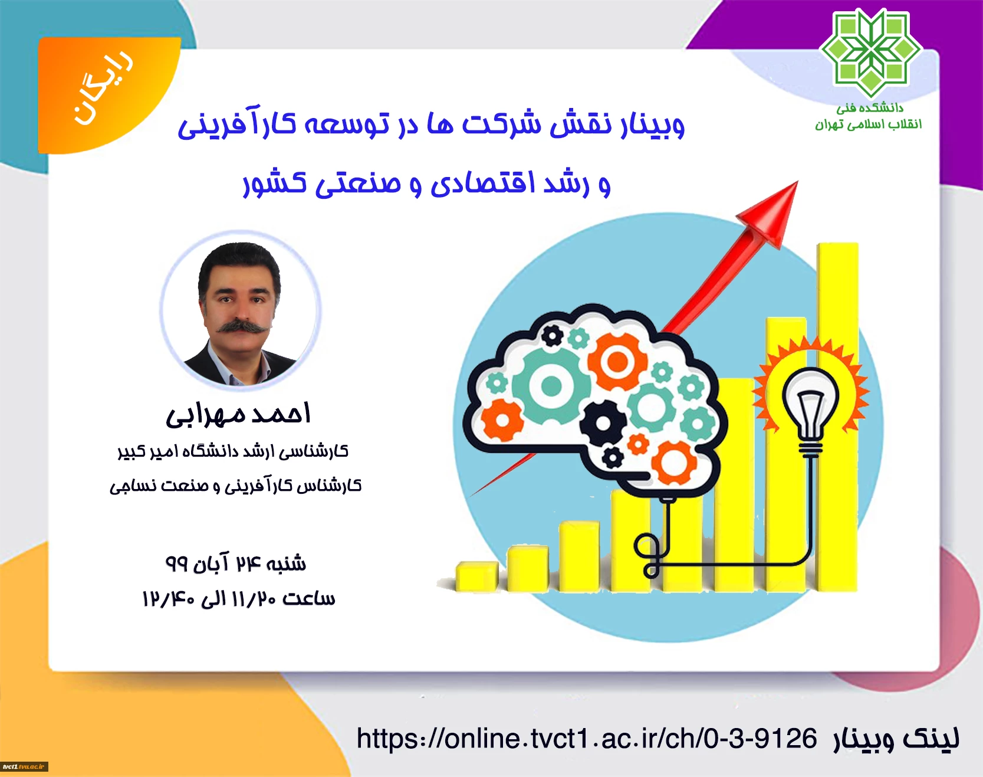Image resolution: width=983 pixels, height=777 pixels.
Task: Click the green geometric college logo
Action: pyautogui.click(x=870, y=53)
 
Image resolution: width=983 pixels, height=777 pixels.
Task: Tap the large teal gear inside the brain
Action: pyautogui.click(x=551, y=386)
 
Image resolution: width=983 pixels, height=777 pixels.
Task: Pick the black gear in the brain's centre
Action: pyautogui.click(x=603, y=423)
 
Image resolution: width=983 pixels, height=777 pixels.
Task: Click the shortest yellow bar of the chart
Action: pyautogui.click(x=476, y=576)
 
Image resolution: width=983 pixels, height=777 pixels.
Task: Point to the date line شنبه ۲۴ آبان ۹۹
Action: pyautogui.click(x=235, y=563)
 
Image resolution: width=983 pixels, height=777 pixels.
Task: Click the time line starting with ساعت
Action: pyautogui.click(x=238, y=598)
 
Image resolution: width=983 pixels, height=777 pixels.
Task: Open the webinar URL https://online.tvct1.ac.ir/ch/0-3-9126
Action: pyautogui.click(x=587, y=738)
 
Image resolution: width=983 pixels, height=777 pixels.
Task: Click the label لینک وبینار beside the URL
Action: pyautogui.click(x=896, y=738)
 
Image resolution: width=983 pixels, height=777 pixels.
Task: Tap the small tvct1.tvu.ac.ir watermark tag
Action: pyautogui.click(x=24, y=766)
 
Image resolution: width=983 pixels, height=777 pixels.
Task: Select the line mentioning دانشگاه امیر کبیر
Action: pyautogui.click(x=233, y=452)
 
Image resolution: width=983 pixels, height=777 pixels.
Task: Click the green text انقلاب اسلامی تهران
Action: pyautogui.click(x=868, y=124)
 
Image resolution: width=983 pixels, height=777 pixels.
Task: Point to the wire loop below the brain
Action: pyautogui.click(x=650, y=554)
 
